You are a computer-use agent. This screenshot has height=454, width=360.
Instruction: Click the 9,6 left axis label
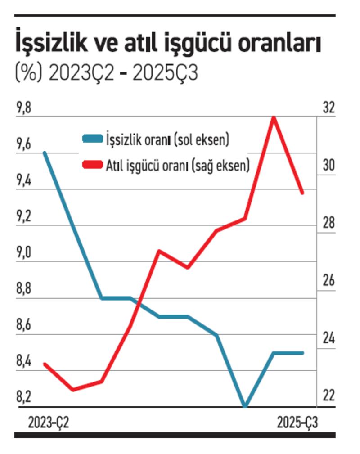point(25,145)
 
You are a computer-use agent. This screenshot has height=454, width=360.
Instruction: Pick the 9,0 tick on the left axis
point(25,253)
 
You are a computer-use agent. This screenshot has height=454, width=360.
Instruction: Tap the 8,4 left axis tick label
point(25,361)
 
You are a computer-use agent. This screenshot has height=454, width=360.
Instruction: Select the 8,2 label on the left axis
point(25,397)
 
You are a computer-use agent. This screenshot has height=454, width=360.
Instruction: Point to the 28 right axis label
point(329,224)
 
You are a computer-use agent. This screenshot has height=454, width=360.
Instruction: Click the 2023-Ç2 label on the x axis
point(49,423)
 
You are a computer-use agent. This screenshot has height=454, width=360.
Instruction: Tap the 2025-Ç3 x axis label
point(297,423)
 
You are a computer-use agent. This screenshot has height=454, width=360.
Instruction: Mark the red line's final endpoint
point(302,193)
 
